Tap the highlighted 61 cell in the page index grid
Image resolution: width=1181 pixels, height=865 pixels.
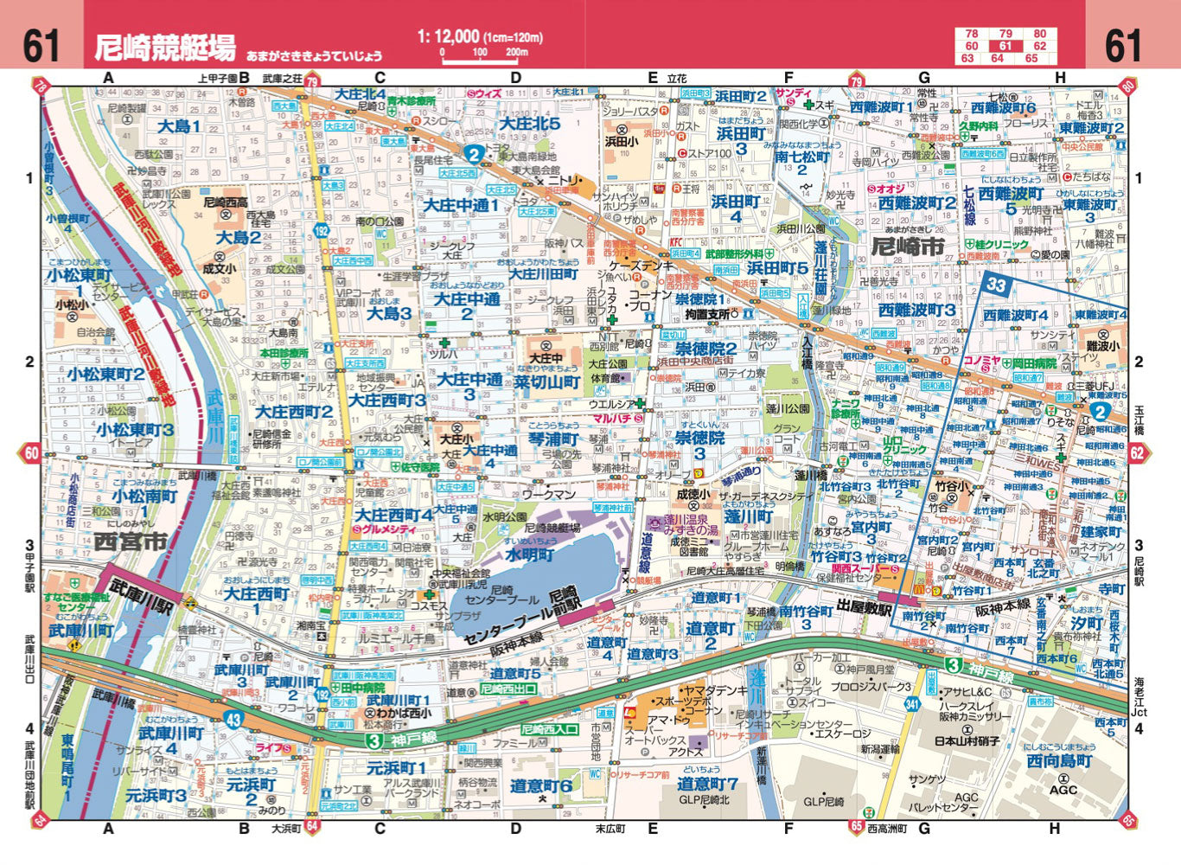coord(1005,46)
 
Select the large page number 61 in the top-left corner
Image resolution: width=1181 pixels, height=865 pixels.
coord(41,45)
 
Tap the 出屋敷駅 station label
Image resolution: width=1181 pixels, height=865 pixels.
coord(865,608)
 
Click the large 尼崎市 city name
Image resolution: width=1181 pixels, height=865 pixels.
coord(908,247)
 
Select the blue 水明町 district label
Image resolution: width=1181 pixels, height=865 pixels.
coord(529,555)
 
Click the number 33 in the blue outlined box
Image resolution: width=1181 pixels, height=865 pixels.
coord(997,285)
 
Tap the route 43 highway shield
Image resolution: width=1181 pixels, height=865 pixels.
coord(233,718)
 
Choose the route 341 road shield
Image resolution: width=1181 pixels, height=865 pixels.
coord(911,705)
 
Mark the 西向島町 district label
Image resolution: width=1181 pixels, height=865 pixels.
coord(1059,761)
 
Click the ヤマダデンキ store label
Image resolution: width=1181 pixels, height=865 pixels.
coord(715,690)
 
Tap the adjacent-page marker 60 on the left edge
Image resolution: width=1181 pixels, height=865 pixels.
coord(32,453)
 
